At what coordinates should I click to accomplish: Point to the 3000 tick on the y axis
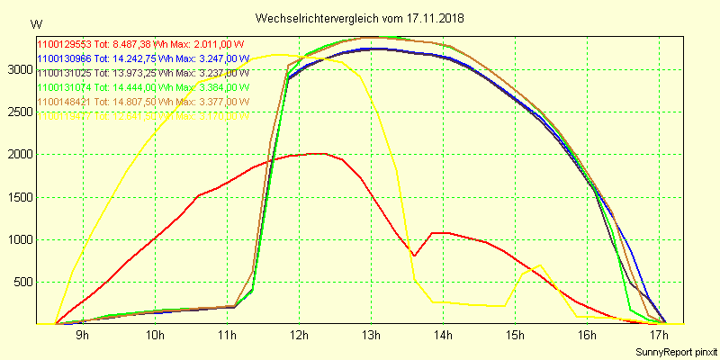19,69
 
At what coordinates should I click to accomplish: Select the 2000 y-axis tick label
19,155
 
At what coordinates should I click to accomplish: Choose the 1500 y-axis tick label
19,197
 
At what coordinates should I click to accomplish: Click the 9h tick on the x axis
82,336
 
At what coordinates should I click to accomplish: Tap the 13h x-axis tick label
370,336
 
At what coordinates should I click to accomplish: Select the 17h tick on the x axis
658,336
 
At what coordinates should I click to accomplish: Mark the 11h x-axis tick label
226,336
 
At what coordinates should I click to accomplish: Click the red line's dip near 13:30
414,256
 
